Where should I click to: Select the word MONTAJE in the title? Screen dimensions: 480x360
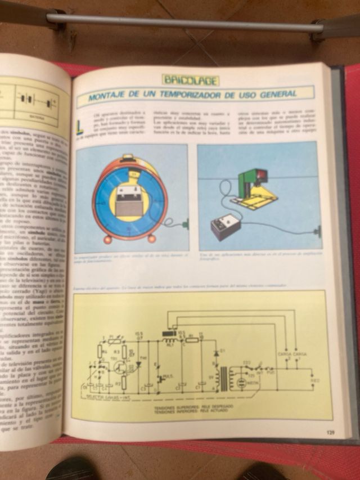110,98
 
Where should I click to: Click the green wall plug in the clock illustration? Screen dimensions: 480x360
184,225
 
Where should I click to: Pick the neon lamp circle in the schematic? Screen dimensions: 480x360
241,383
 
